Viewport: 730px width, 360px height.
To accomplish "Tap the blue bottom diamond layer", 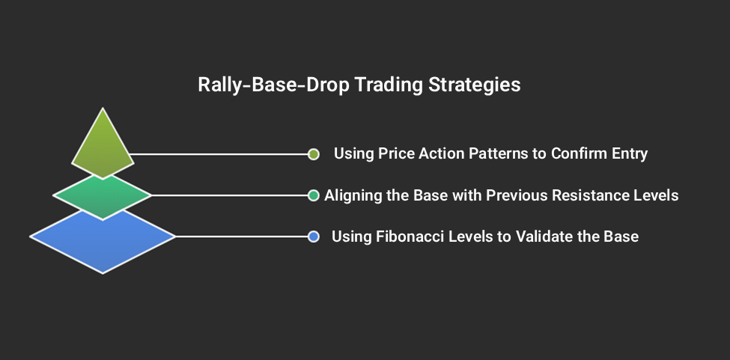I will pos(103,240).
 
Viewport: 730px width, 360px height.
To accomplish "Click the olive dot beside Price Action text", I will pos(314,154).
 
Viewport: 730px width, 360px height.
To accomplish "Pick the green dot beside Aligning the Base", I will pos(314,195).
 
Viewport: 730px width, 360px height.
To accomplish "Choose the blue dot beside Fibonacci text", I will pos(314,237).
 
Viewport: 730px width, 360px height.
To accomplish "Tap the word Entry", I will pos(630,154).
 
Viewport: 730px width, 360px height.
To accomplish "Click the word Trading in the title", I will pos(387,85).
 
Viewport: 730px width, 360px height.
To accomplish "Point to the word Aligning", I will pos(353,195).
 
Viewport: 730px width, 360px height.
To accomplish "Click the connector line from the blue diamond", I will pos(240,237).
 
